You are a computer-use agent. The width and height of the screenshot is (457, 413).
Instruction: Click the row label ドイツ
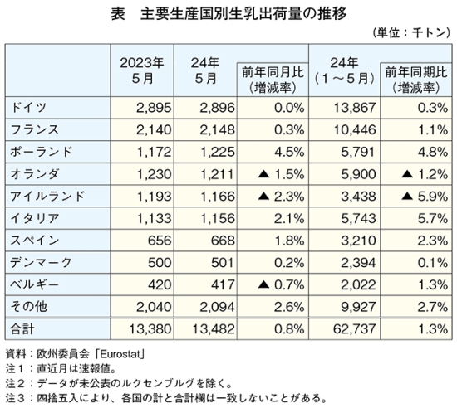[x=28, y=108]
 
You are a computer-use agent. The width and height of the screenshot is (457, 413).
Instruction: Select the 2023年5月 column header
[x=142, y=70]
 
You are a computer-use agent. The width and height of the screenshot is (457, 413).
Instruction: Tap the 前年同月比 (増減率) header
[x=273, y=80]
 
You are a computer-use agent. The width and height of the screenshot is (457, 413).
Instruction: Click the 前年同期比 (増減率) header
[x=416, y=80]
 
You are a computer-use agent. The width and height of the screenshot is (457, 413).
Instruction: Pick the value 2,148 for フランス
[x=217, y=130]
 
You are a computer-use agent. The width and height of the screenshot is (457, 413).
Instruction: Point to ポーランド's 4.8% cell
[x=433, y=152]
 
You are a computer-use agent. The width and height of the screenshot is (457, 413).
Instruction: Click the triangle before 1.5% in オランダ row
[x=263, y=174]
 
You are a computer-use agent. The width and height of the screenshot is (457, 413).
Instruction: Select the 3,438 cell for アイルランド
[x=358, y=197]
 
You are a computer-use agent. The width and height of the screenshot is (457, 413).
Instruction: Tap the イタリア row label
[x=35, y=218]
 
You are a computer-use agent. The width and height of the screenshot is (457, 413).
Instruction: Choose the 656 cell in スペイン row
[x=160, y=241]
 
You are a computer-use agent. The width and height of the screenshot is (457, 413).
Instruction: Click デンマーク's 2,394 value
[x=358, y=263]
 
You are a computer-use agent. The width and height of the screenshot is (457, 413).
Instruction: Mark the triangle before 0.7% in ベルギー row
[x=263, y=284]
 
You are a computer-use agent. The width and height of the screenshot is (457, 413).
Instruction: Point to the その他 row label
[x=28, y=307]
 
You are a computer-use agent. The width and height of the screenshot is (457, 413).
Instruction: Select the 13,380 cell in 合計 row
[x=150, y=329]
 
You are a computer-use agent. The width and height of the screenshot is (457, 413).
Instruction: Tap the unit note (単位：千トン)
[x=412, y=33]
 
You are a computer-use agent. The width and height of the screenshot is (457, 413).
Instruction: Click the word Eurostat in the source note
[x=120, y=354]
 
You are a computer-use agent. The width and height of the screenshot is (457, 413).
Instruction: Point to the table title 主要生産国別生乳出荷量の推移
[x=243, y=14]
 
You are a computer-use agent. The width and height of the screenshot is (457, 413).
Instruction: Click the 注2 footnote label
[x=14, y=384]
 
